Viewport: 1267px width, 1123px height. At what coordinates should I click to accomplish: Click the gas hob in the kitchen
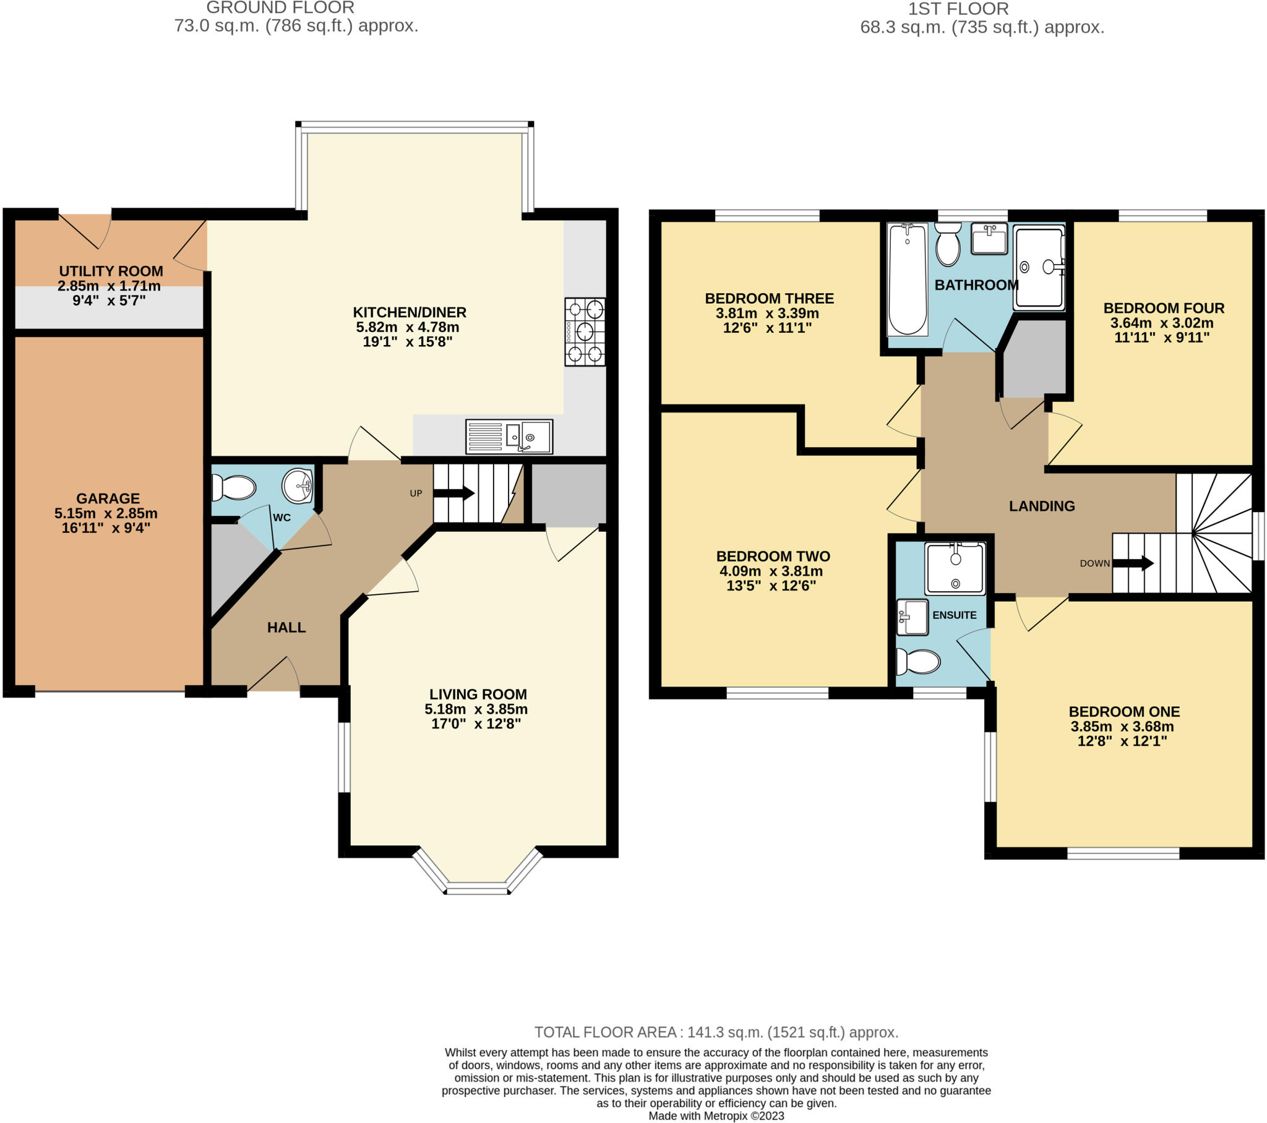tap(585, 331)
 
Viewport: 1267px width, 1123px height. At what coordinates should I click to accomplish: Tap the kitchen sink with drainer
tap(509, 437)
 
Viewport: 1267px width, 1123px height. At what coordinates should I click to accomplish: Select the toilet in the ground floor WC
tap(234, 487)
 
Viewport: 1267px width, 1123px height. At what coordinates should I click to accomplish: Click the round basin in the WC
tap(298, 485)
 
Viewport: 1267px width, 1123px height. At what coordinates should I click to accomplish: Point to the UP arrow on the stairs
tap(453, 493)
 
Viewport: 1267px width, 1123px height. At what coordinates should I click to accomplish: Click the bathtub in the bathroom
tap(907, 279)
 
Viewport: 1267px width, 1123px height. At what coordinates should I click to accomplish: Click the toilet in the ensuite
tap(919, 661)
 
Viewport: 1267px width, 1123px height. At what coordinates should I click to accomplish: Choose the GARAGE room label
tap(108, 498)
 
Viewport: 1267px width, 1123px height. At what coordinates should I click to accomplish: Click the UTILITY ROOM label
tap(111, 271)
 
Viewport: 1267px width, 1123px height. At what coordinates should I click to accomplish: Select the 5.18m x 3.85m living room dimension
tap(476, 709)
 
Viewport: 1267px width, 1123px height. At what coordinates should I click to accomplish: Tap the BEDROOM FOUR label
tap(1164, 308)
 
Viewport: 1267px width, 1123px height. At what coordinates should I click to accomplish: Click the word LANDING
tap(1042, 506)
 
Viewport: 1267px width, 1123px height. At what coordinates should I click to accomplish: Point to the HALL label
tap(286, 627)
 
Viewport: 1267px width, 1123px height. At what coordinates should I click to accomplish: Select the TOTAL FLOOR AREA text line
tap(716, 1032)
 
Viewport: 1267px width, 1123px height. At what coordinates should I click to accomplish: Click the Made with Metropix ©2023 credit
tap(716, 1116)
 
